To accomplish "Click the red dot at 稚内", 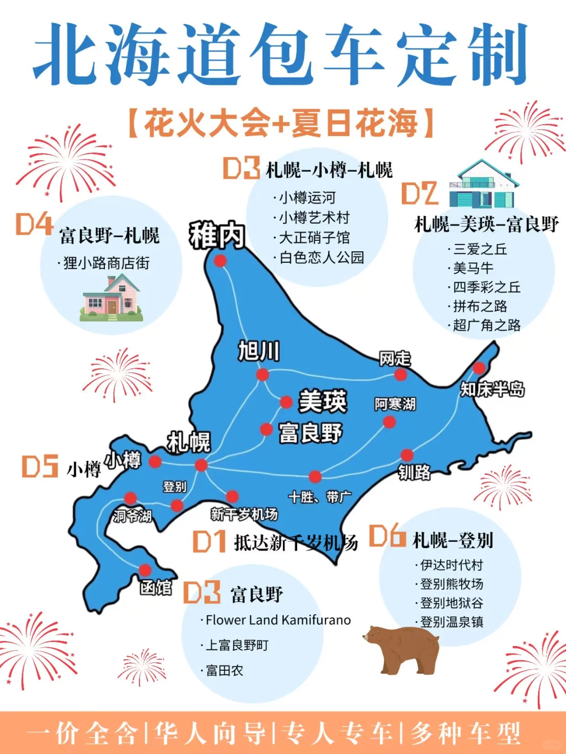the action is point(220,260).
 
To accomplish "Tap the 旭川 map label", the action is point(259,350).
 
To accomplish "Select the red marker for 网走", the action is point(400,374).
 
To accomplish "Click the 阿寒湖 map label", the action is point(395,404).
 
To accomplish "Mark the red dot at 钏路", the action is point(407,454).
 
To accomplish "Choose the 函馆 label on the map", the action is point(156,587).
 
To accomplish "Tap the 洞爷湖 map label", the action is point(133,516).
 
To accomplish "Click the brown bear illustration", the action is point(402,649).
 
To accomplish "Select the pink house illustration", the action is point(112,298).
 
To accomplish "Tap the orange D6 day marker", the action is point(387,535).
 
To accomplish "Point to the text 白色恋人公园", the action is point(321,257).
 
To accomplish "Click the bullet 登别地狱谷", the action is point(451,603).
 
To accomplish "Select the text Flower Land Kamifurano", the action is point(278,620).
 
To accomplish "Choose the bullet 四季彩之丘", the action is point(486,287).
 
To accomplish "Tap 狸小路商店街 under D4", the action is point(106,263).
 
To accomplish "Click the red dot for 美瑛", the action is point(286,402).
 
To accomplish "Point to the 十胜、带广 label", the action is point(320,497).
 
